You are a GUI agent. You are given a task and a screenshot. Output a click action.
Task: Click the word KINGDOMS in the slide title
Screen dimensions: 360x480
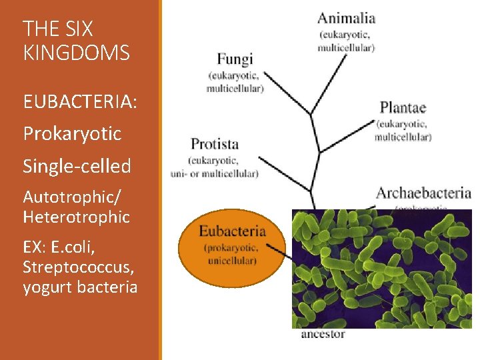tap(76, 53)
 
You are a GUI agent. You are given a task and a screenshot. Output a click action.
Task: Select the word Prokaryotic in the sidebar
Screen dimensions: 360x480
tap(72, 134)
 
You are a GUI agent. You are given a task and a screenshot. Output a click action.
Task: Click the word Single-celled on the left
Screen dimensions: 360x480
tap(77, 166)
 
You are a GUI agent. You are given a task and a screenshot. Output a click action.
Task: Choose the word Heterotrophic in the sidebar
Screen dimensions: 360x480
tap(76, 217)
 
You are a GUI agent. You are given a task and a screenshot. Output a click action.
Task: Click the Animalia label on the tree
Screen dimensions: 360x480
tap(346, 18)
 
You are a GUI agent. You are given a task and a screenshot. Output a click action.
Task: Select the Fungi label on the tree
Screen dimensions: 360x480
tap(235, 59)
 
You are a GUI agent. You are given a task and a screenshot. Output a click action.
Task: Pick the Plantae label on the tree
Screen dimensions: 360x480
tap(403, 107)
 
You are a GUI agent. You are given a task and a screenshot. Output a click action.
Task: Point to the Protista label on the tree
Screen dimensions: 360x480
tap(215, 144)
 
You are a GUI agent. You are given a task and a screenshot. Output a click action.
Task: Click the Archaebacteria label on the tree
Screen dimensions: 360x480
tap(423, 193)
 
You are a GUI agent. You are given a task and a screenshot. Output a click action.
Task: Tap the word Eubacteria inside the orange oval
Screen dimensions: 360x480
tap(233, 232)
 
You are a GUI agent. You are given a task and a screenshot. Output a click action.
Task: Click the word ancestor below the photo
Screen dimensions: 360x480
tap(323, 334)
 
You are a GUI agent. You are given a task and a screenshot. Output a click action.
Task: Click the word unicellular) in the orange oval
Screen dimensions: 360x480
tap(233, 261)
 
